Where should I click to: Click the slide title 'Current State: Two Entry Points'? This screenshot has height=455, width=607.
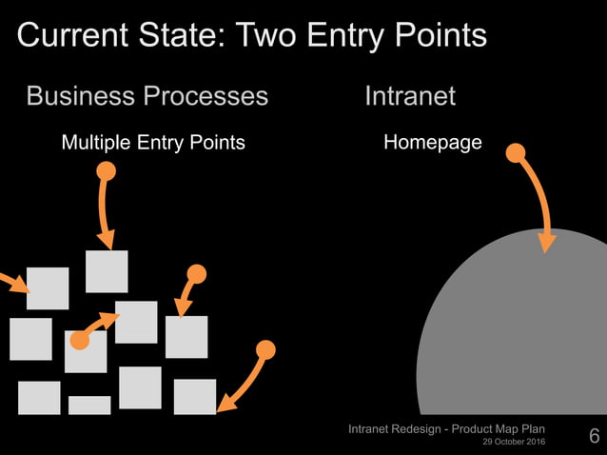[x=252, y=36]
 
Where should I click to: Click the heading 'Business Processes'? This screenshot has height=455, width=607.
[x=147, y=96]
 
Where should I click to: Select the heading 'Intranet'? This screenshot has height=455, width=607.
[x=409, y=96]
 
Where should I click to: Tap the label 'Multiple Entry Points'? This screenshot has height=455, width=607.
[x=153, y=143]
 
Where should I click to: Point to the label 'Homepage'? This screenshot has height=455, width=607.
[x=432, y=143]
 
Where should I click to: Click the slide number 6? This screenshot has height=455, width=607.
[x=595, y=437]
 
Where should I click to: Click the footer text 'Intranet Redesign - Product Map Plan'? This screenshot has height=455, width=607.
[x=447, y=430]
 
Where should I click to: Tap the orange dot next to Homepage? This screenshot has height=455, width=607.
[x=515, y=152]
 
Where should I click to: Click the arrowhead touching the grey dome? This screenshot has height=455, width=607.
[x=546, y=242]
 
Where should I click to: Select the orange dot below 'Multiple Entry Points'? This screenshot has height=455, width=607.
[x=107, y=171]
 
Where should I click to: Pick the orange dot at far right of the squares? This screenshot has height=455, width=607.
[x=266, y=350]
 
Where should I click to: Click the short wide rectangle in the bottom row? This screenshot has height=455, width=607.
[x=89, y=406]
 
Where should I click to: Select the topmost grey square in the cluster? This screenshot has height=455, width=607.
[x=107, y=271]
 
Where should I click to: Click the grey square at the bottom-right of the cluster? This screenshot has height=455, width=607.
[x=195, y=397]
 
